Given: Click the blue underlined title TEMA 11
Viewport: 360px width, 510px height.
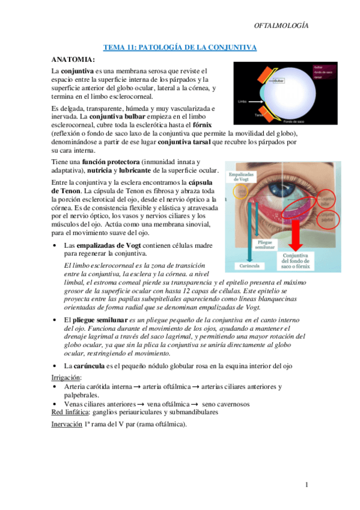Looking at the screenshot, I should click(180, 47).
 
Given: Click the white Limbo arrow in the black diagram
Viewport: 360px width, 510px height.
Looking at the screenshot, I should click(255, 101).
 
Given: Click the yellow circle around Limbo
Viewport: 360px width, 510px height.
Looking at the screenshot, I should click(239, 191).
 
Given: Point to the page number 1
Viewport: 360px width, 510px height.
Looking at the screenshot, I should click(306, 485).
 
